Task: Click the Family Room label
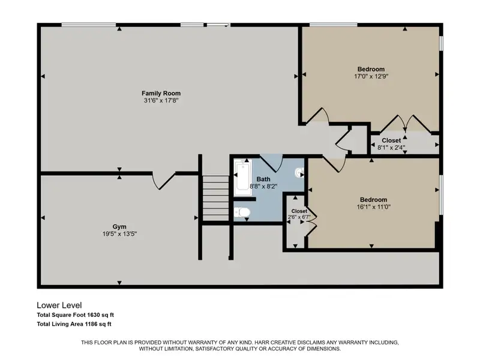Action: pyautogui.click(x=161, y=93)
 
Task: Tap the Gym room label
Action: pyautogui.click(x=119, y=227)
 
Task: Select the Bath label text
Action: pyautogui.click(x=263, y=179)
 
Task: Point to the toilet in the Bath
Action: pyautogui.click(x=242, y=212)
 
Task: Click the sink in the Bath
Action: pyautogui.click(x=299, y=173)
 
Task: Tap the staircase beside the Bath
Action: pyautogui.click(x=216, y=198)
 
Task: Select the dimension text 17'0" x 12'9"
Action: pyautogui.click(x=371, y=76)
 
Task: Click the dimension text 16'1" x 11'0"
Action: pyautogui.click(x=373, y=207)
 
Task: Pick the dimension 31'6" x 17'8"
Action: pyautogui.click(x=161, y=100)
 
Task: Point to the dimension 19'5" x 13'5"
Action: pyautogui.click(x=119, y=234)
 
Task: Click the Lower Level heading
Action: pyautogui.click(x=59, y=305)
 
